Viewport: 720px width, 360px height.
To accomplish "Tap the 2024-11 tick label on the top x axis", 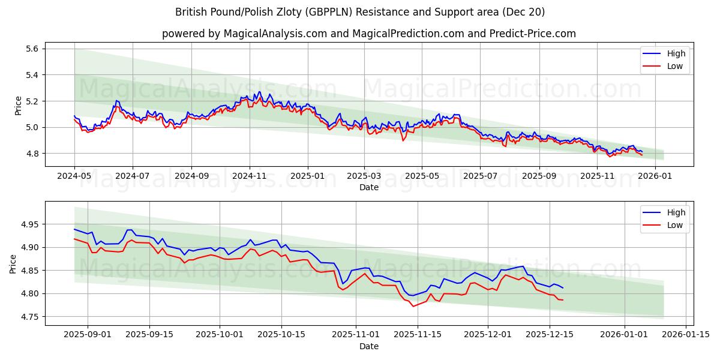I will point(250,176).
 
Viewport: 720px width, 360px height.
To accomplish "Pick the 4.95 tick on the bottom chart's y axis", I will point(29,224).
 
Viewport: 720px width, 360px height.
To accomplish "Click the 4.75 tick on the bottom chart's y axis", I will point(29,317).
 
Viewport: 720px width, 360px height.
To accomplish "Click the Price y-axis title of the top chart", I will point(18,106).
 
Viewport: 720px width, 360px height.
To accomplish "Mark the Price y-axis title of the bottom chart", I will point(13,263).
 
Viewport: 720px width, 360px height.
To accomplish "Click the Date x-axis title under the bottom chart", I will point(368,346).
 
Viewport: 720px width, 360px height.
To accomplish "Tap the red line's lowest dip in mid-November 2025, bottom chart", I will point(413,306).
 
